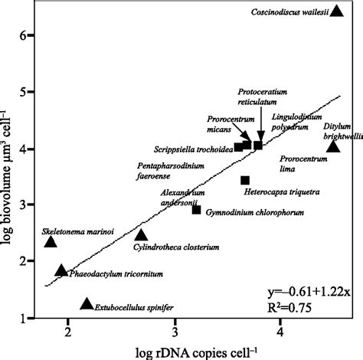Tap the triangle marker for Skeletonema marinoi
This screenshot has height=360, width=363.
coord(51,242)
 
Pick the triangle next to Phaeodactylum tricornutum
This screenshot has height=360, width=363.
coord(62,270)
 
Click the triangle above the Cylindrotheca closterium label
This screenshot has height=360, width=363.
coord(141,235)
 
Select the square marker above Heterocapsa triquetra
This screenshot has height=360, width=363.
coord(245,181)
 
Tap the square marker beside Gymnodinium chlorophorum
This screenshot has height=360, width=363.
coord(196,210)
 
